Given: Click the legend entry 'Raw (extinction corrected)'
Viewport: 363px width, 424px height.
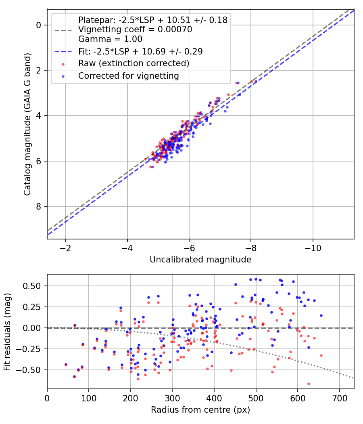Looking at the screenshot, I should (x=134, y=63).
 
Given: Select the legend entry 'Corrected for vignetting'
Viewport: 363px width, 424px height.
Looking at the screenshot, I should (x=128, y=76).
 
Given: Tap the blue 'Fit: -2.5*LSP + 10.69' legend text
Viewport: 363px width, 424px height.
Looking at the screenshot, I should (x=140, y=51).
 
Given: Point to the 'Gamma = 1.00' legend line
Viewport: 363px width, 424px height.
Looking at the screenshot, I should (x=110, y=39).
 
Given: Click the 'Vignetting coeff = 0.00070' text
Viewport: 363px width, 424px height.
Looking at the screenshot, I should (x=135, y=29).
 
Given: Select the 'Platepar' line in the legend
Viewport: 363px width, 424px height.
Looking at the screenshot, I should (x=153, y=20).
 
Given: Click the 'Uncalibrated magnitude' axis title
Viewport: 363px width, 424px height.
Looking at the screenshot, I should (x=200, y=260).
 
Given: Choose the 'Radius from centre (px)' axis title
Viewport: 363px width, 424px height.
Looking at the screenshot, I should (x=200, y=410).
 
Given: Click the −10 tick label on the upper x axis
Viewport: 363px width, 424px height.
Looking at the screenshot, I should (x=313, y=248).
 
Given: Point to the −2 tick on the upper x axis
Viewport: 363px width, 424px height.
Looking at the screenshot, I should (x=65, y=248).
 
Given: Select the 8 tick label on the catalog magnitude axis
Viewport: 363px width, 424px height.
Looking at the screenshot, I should (x=39, y=206).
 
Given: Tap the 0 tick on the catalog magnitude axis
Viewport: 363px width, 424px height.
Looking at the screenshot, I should (x=39, y=25).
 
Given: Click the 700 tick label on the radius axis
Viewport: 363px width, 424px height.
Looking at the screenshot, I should (x=339, y=398).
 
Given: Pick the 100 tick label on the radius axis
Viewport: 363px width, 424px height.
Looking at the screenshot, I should (x=89, y=398).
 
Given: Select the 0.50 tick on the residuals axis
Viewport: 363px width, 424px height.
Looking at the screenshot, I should (x=34, y=286).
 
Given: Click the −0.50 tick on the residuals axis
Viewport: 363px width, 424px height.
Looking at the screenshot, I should (x=32, y=370).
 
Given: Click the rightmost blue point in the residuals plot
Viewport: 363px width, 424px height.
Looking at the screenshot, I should (x=321, y=315).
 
